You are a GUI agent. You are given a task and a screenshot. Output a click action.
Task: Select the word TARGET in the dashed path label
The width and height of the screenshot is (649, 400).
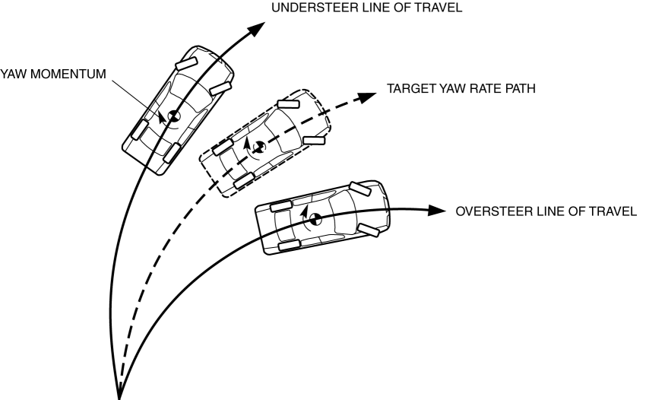[410, 88]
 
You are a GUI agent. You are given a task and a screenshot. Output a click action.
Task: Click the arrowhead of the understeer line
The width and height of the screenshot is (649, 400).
[258, 28]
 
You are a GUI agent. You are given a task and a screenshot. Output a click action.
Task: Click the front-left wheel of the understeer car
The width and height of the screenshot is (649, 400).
[186, 61]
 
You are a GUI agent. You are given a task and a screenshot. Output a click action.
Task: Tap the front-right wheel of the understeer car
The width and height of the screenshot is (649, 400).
[220, 88]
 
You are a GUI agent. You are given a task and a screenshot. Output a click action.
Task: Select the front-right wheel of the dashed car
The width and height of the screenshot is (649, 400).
[314, 140]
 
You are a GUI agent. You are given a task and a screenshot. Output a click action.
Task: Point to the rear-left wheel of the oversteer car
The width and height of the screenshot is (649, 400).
[280, 205]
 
